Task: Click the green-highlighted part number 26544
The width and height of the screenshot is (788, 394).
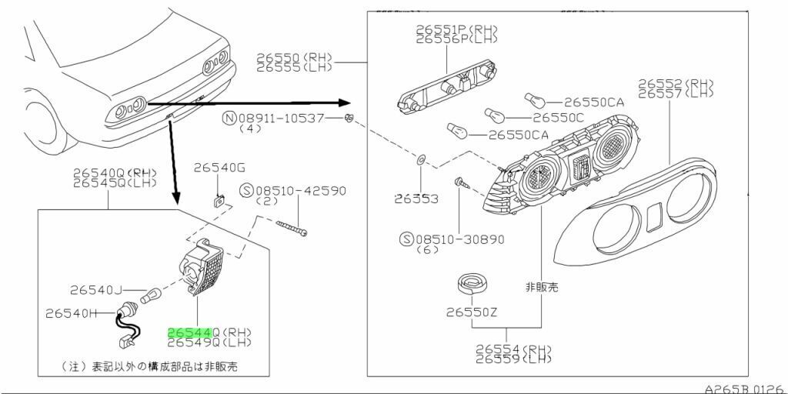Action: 189,332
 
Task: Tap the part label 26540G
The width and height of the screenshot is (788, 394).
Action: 219,167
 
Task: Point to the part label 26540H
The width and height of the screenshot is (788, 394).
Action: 71,313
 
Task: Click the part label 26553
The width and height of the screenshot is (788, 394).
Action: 416,199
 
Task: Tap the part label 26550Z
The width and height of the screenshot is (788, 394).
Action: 471,312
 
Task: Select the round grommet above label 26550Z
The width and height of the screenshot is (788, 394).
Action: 470,285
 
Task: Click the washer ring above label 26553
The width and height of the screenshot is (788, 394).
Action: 420,161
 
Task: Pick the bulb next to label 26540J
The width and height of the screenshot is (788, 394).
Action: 152,293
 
